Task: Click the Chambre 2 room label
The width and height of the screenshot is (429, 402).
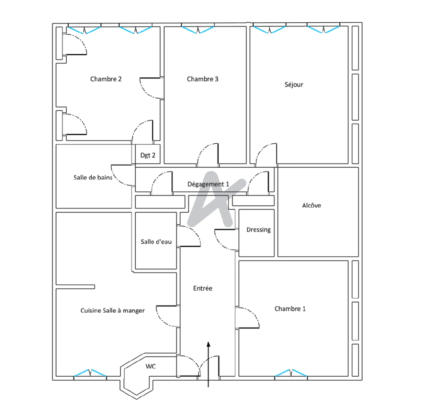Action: [106, 79]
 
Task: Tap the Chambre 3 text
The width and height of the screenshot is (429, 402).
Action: [202, 79]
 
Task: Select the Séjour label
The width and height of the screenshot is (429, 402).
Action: [294, 84]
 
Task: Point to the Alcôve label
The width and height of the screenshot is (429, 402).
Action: [311, 205]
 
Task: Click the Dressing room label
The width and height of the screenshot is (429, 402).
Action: [258, 230]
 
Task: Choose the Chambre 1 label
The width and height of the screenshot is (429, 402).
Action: [290, 309]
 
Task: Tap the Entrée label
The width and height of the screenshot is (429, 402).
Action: [203, 288]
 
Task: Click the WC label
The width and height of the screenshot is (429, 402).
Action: [150, 366]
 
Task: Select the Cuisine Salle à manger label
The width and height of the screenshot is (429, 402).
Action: [112, 310]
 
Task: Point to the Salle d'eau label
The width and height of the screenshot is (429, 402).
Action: [156, 242]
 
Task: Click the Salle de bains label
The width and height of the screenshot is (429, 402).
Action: [93, 178]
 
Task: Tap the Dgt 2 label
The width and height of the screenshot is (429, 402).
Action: [147, 155]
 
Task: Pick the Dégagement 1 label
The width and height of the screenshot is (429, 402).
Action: [208, 184]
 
